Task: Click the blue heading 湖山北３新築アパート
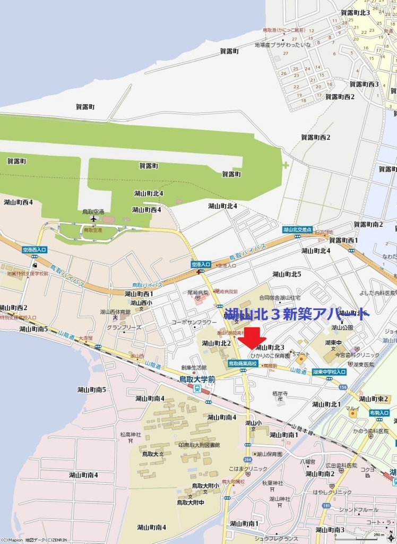click(x=296, y=314)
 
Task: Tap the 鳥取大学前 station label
click(x=196, y=379)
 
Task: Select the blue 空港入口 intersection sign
click(x=201, y=264)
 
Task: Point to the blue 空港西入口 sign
click(x=34, y=249)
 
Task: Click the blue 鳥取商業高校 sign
click(x=243, y=363)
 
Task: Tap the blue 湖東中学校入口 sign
click(x=330, y=372)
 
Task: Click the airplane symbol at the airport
click(x=94, y=218)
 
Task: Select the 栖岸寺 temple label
click(x=280, y=394)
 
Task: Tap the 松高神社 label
click(x=130, y=435)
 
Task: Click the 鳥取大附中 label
click(x=190, y=502)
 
